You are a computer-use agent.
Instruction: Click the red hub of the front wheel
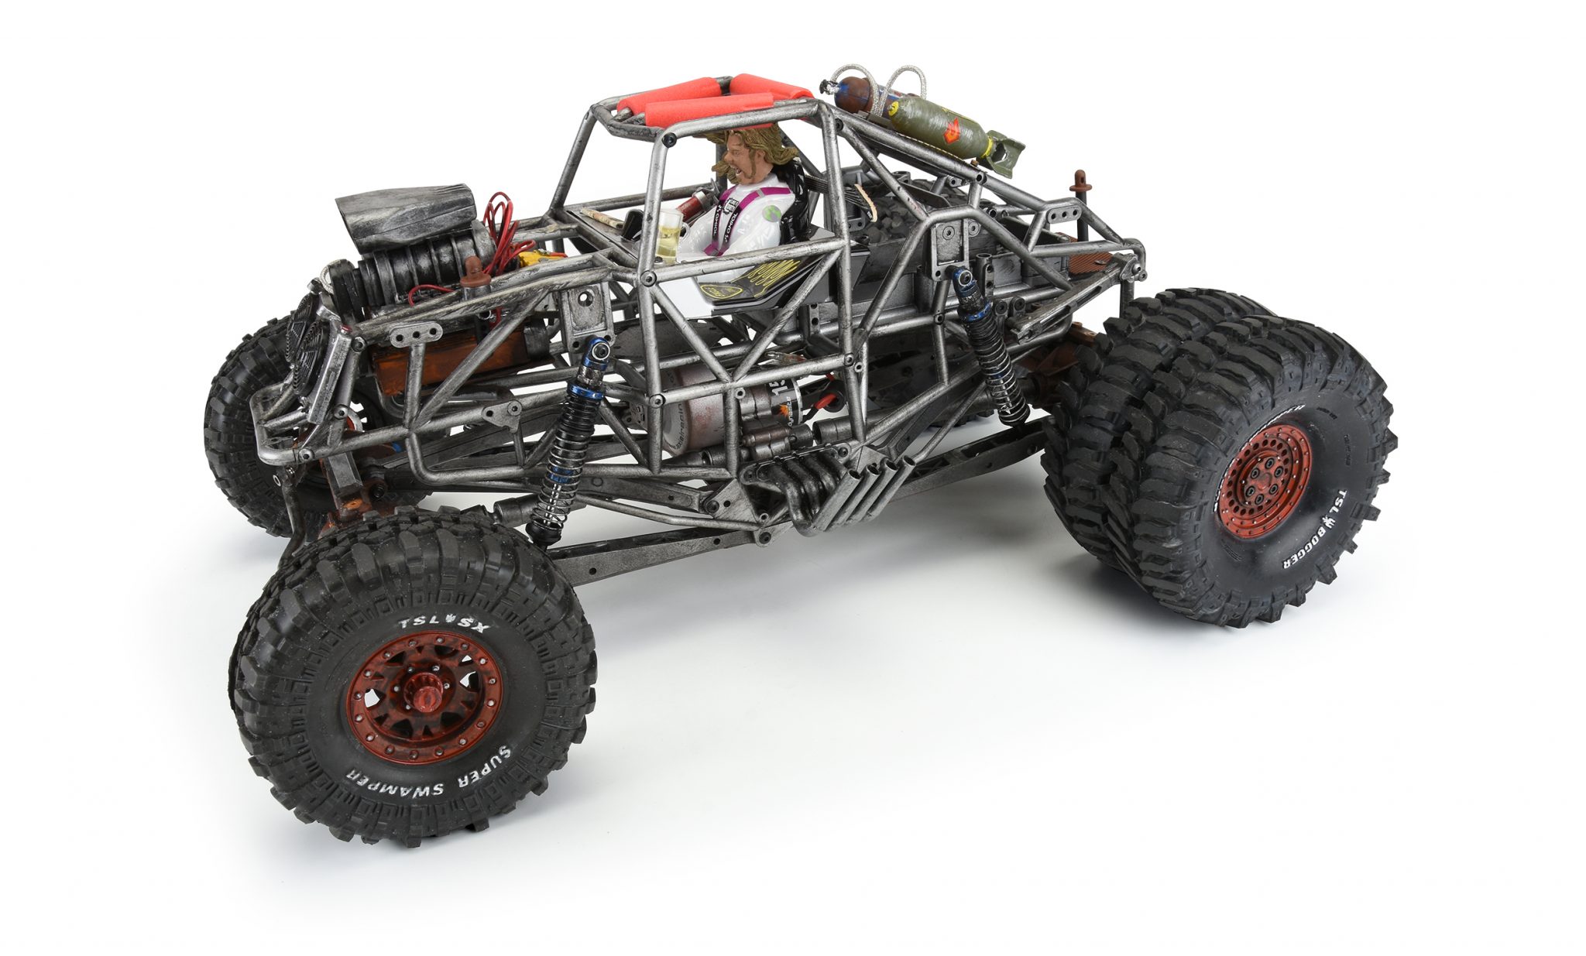423,687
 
